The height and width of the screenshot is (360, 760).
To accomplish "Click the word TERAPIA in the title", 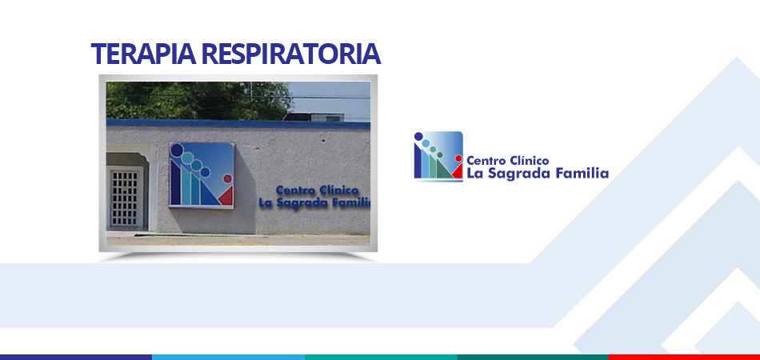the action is pyautogui.click(x=143, y=54).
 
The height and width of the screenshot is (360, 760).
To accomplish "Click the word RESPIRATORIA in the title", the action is pyautogui.click(x=291, y=54).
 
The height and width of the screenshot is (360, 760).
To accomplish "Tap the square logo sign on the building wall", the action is pyautogui.click(x=202, y=175).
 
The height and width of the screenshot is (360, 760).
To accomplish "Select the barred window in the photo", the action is pyautogui.click(x=125, y=198).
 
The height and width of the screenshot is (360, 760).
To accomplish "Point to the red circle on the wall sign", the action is pyautogui.click(x=227, y=178).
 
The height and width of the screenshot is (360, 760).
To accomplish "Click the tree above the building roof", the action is pyautogui.click(x=198, y=101).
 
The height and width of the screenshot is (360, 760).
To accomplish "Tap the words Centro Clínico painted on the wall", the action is pyautogui.click(x=318, y=190).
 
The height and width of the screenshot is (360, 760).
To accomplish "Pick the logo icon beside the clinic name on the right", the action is pyautogui.click(x=438, y=156).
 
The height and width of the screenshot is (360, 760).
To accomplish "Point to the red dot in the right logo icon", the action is pyautogui.click(x=458, y=158).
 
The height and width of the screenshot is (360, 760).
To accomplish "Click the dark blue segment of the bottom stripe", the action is pyautogui.click(x=76, y=357).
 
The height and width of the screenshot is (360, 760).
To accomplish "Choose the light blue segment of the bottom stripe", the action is pyautogui.click(x=228, y=357).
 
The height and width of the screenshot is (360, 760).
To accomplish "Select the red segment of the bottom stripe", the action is pyautogui.click(x=684, y=357).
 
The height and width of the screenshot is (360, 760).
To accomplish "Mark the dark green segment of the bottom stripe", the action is pyautogui.click(x=533, y=357).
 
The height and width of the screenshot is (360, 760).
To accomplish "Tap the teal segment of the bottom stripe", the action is pyautogui.click(x=381, y=357).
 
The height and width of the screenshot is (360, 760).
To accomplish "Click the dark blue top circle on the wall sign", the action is pyautogui.click(x=177, y=150).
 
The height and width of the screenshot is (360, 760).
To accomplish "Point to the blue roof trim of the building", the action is pyautogui.click(x=238, y=124).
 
